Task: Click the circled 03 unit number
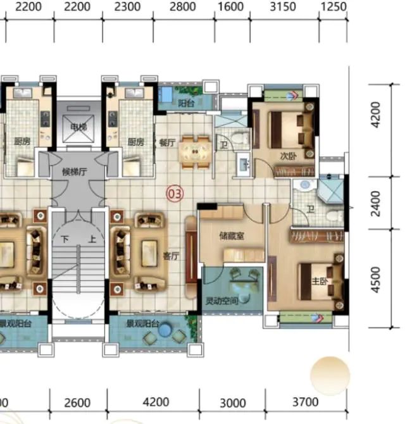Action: [175, 194]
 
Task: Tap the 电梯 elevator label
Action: [78, 127]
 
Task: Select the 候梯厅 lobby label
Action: [75, 171]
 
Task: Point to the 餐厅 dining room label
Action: [168, 143]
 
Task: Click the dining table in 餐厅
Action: [195, 152]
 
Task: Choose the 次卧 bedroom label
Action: [288, 156]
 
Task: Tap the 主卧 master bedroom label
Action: [320, 282]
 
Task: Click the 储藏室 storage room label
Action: [232, 236]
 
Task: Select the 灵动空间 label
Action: [221, 301]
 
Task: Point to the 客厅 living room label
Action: [171, 256]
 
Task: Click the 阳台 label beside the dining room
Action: [186, 103]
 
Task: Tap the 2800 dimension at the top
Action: [182, 7]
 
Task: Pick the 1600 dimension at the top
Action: [230, 7]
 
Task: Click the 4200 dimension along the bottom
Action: [156, 402]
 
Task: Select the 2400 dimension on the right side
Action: [375, 204]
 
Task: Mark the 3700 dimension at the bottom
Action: [306, 402]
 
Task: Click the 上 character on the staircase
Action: [92, 239]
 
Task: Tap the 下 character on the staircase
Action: [65, 239]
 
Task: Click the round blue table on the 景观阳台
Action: [165, 330]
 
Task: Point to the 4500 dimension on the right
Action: [375, 280]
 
